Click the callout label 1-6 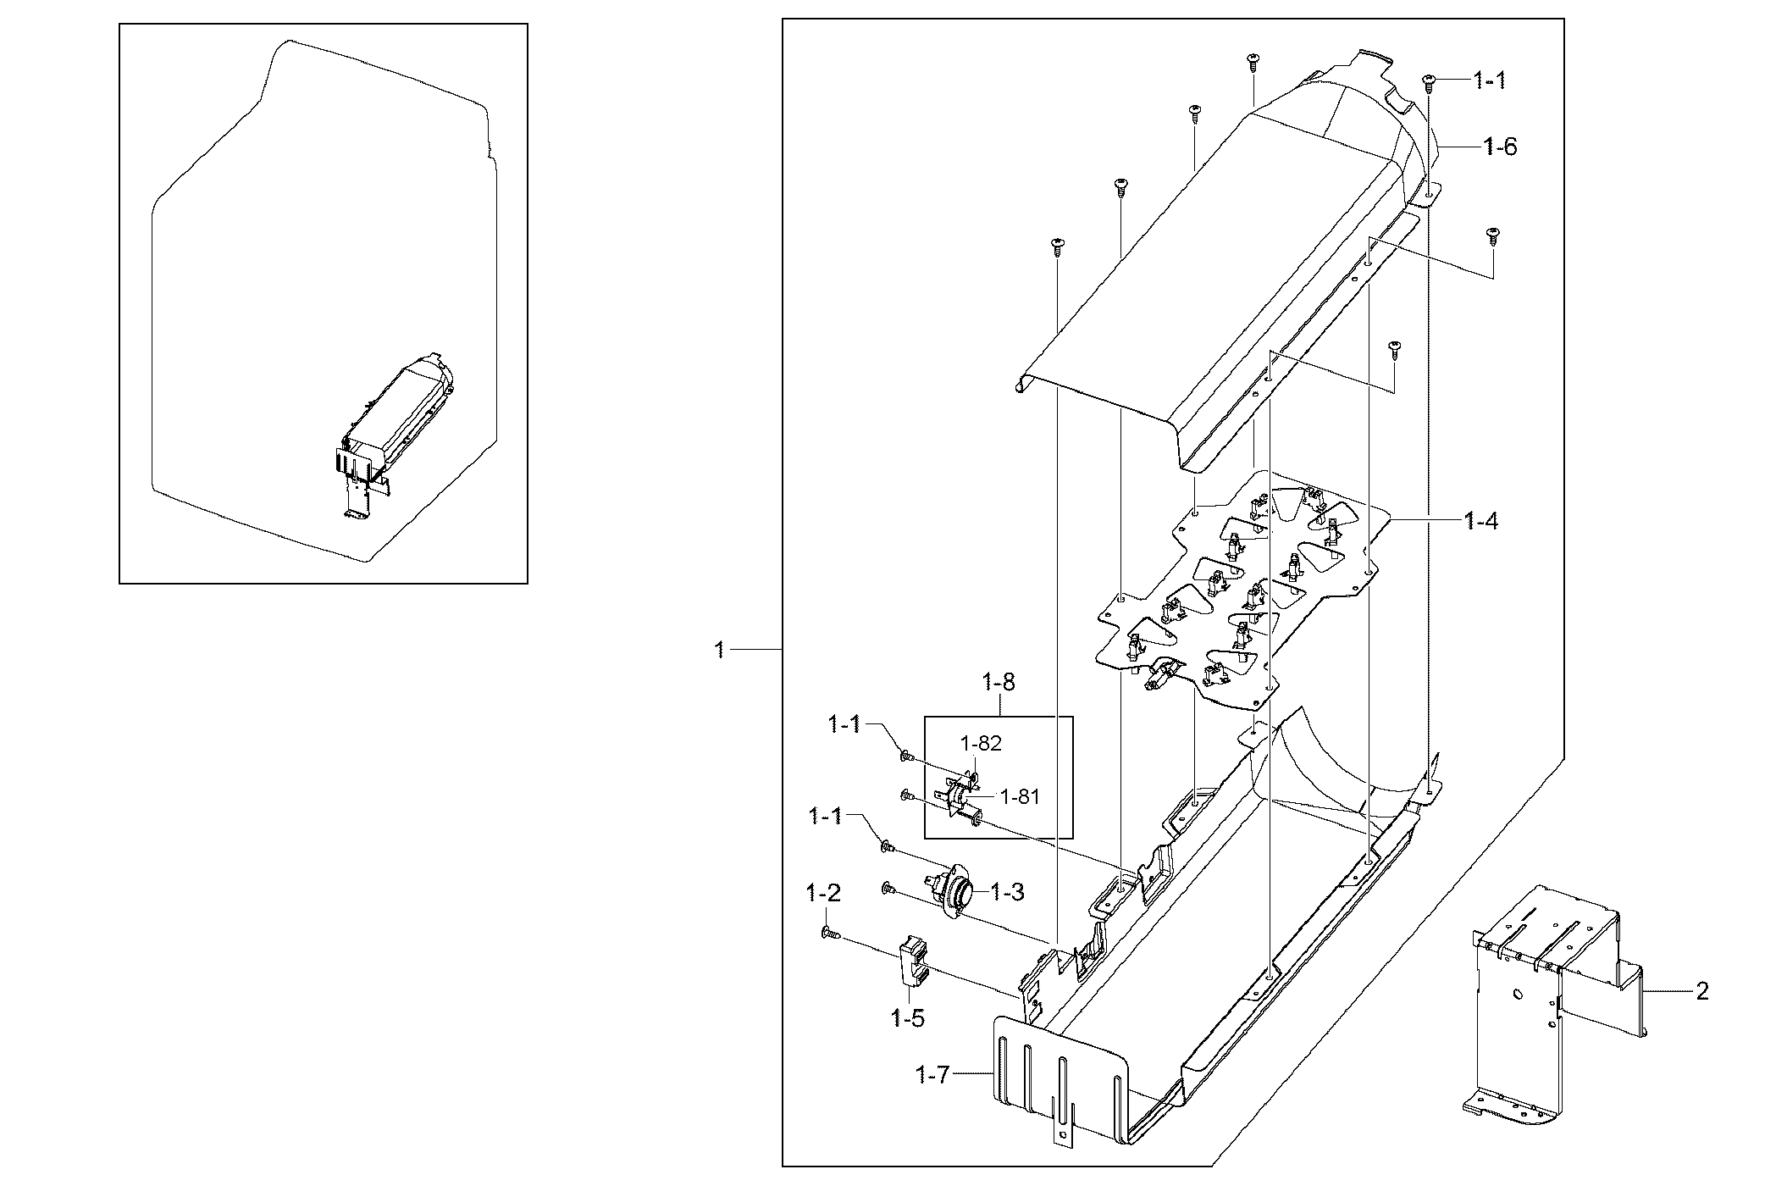1500,147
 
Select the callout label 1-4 1481,521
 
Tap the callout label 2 1702,990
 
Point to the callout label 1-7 934,1076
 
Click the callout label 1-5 908,1018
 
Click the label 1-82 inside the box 980,743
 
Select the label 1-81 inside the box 1020,796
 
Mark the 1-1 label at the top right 1490,81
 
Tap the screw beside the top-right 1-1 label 1429,81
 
